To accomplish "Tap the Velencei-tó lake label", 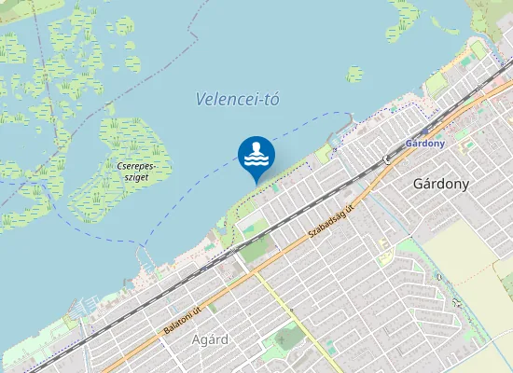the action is [239, 100].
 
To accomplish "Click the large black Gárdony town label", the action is [440, 184].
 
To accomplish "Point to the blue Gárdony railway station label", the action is [425, 144].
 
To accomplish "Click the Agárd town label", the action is [209, 339].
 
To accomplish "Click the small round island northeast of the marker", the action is [354, 74].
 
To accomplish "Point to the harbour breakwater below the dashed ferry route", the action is [346, 126].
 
